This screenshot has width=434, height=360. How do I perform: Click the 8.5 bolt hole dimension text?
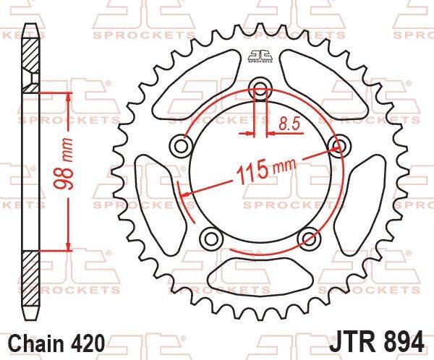pos(289,124)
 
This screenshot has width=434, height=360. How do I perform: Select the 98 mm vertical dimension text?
pos(64,163)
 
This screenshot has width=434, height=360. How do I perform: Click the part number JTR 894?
pos(376,340)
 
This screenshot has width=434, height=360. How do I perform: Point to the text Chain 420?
pos(57,343)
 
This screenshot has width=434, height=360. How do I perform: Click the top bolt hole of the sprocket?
pos(260,87)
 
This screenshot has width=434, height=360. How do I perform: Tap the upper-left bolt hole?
pos(181,145)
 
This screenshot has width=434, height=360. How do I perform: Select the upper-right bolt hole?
pos(340,145)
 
